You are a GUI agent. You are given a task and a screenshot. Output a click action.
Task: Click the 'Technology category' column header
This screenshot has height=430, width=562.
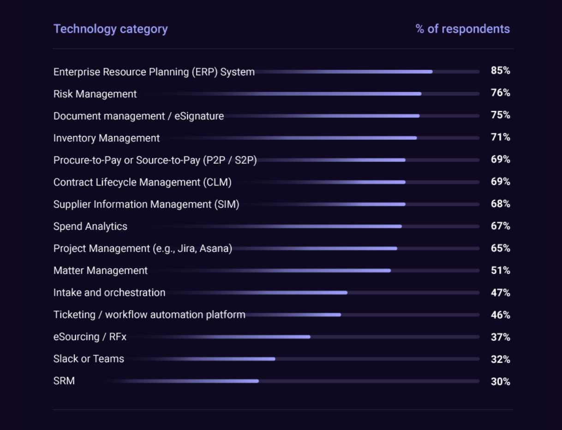111,29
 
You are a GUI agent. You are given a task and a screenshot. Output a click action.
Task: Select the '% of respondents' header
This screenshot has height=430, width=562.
463,29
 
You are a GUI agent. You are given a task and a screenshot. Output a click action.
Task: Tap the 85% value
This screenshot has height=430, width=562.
500,71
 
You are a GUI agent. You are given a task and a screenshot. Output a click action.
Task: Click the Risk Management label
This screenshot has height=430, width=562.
95,94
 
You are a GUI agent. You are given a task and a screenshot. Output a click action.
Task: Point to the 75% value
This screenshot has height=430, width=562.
500,115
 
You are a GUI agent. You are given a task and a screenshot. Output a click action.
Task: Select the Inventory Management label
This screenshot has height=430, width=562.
107,138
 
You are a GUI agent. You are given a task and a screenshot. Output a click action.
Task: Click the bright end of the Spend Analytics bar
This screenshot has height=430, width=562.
401,226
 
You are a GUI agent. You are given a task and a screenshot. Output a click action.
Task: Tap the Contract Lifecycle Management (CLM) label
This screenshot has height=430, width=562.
143,182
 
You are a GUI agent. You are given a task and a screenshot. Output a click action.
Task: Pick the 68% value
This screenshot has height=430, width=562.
500,204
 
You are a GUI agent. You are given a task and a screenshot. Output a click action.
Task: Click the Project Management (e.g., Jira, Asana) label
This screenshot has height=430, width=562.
143,249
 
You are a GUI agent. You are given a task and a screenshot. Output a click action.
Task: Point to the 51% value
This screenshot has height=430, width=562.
500,270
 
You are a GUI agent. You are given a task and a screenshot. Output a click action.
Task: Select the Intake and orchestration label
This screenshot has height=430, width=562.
109,293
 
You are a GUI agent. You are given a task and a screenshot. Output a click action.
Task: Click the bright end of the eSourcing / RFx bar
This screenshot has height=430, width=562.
309,337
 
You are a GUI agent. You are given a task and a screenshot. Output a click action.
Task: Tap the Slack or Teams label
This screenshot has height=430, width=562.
89,359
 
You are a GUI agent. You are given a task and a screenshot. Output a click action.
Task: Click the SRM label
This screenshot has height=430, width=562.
64,381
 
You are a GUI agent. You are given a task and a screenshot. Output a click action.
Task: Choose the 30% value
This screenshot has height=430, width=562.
500,382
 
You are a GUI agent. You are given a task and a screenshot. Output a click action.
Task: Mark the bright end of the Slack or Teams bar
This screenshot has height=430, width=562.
274,359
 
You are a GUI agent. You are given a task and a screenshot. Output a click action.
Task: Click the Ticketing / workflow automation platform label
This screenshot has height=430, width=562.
149,315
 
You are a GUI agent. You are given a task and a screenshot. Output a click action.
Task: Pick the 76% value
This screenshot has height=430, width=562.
500,93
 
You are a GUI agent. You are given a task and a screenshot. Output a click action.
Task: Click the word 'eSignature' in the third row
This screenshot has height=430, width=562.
199,116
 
